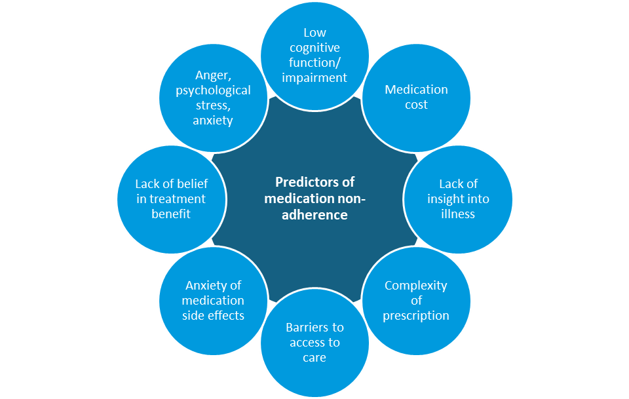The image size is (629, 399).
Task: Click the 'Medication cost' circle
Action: coord(417,98)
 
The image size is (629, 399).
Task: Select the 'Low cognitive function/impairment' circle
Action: coord(315,56)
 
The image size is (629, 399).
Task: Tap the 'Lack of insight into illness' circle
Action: coord(458,199)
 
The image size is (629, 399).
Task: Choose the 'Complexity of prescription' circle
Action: coord(417,301)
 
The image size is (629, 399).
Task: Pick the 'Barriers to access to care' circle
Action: coord(315,343)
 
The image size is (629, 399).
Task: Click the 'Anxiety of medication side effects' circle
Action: coord(214,301)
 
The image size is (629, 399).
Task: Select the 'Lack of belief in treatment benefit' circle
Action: coord(171,199)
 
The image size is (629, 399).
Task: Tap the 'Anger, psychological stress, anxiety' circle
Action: coord(214,98)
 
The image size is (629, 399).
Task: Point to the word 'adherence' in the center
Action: coord(315,214)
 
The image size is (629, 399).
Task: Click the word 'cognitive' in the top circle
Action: coord(315,48)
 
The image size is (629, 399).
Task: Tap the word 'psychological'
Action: coord(214,91)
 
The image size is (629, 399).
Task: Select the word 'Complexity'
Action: coord(416,286)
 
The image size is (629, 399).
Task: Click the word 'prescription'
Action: coord(416,316)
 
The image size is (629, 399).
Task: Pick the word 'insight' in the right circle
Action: coord(448,199)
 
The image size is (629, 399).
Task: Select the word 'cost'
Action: coord(417,105)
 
